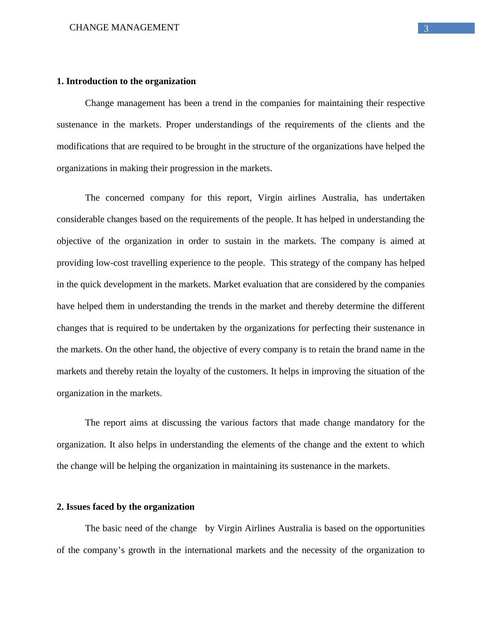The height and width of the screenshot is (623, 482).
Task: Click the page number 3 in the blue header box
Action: click(x=426, y=28)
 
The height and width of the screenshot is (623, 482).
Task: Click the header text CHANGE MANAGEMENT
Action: click(x=124, y=28)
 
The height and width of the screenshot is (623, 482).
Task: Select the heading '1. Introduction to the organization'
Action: click(x=126, y=81)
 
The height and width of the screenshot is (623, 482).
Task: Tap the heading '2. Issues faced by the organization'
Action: click(x=126, y=507)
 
